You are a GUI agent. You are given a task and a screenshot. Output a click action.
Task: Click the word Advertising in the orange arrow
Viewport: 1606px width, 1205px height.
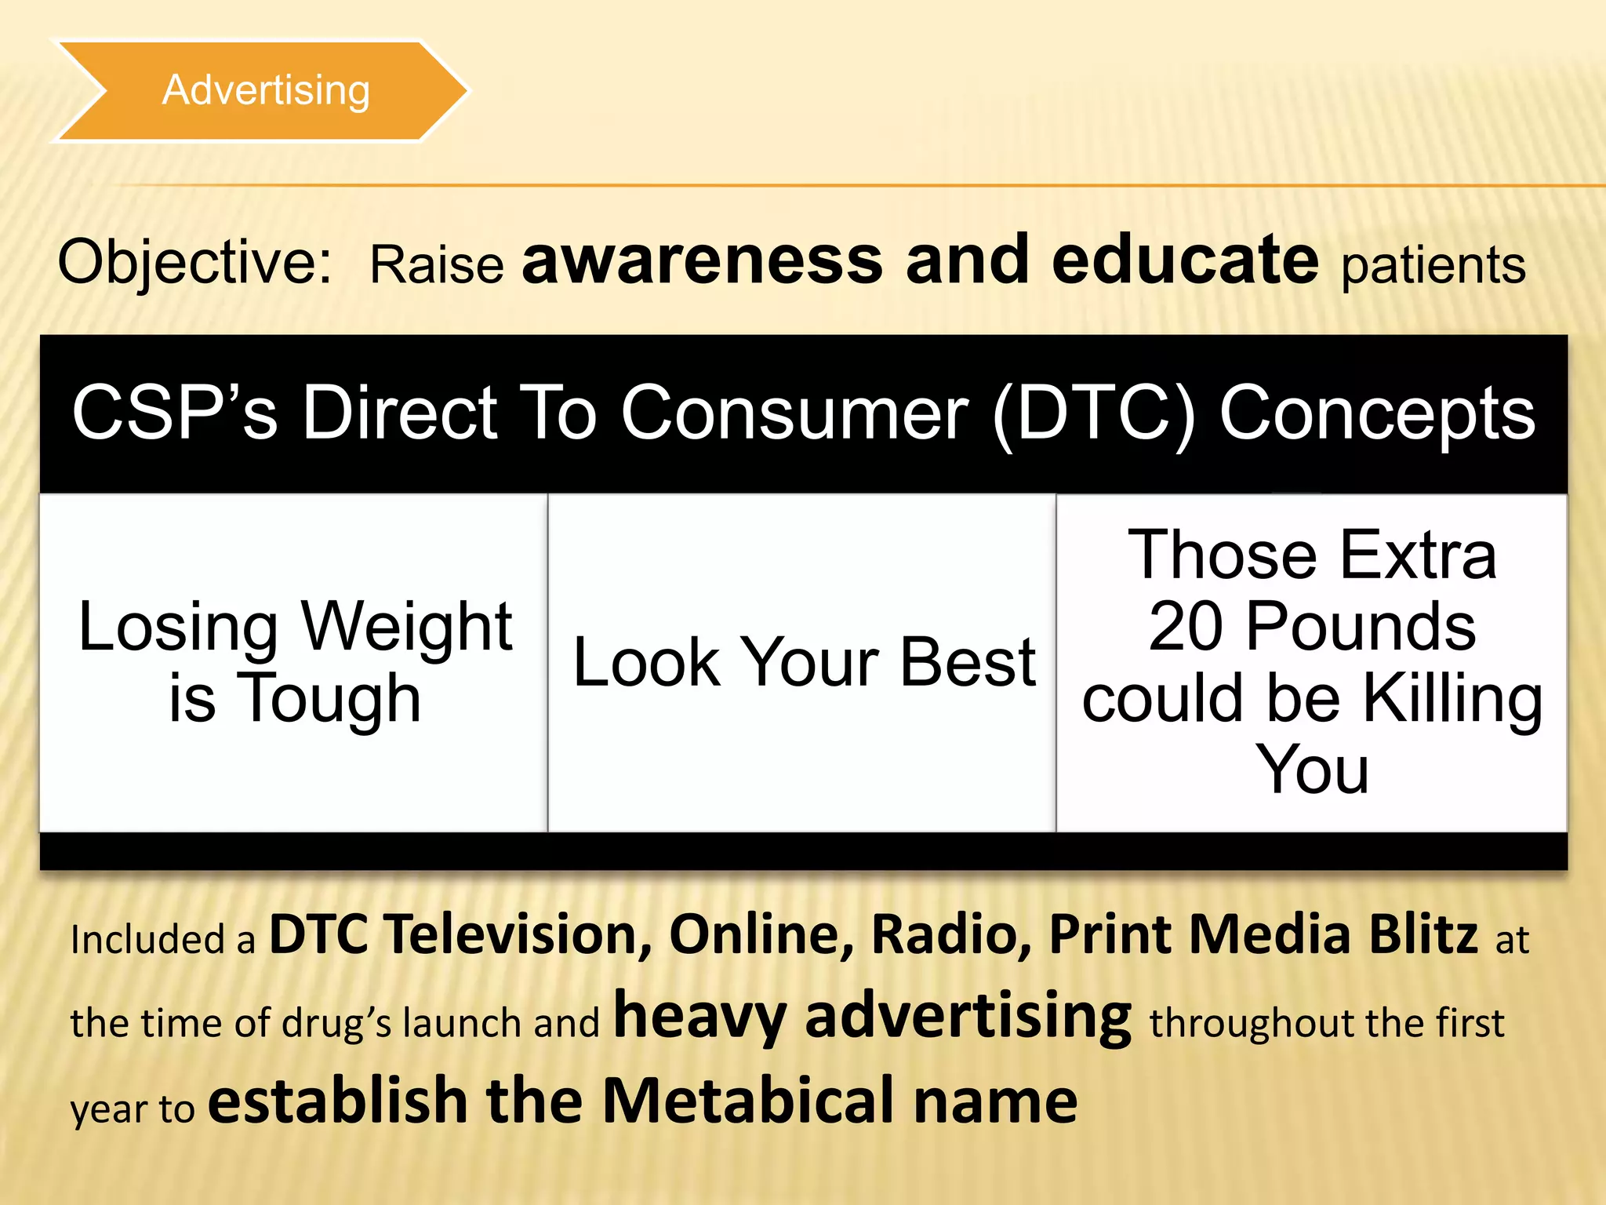pyautogui.click(x=266, y=91)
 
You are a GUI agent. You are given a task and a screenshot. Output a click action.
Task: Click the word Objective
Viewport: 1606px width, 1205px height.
pyautogui.click(x=194, y=263)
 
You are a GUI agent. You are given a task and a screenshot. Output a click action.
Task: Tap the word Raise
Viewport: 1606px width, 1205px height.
pyautogui.click(x=436, y=265)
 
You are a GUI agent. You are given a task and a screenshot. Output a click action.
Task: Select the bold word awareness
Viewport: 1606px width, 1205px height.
pyautogui.click(x=703, y=260)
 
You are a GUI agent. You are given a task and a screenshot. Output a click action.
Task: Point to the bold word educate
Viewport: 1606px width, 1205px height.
pyautogui.click(x=1185, y=260)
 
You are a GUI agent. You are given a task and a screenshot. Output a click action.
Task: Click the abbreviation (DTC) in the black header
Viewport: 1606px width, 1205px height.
pyautogui.click(x=1095, y=414)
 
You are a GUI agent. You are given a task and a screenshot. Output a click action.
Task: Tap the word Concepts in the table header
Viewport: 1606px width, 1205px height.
pyautogui.click(x=1377, y=414)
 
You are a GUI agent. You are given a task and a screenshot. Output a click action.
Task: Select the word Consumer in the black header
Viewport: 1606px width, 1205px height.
pyautogui.click(x=794, y=414)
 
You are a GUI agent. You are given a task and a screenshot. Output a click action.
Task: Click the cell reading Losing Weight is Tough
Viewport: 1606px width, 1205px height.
pyautogui.click(x=295, y=662)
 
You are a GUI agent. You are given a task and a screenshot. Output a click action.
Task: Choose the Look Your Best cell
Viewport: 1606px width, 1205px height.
pyautogui.click(x=804, y=662)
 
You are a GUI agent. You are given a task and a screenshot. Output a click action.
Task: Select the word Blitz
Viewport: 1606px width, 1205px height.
pyautogui.click(x=1423, y=935)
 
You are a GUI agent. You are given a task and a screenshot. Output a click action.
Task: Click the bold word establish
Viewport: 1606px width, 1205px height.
pyautogui.click(x=338, y=1101)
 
